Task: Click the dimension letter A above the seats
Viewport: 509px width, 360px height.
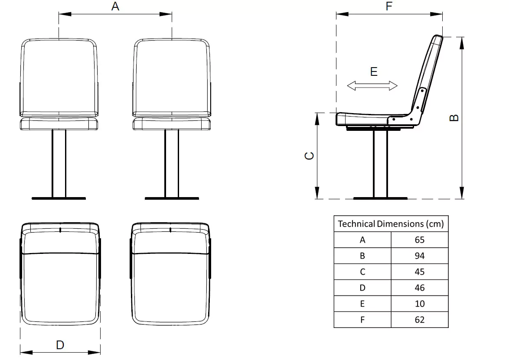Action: (115, 6)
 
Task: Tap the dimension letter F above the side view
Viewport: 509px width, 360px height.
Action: (389, 6)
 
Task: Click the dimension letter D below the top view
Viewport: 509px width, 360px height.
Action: (60, 345)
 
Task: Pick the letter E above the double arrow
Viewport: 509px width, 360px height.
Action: (374, 71)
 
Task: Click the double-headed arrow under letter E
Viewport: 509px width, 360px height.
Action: (372, 86)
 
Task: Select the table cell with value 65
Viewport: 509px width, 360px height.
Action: (419, 240)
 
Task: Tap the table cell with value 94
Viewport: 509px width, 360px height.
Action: (419, 256)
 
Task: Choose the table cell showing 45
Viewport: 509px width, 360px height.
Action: (419, 272)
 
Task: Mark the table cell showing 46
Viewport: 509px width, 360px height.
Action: (419, 288)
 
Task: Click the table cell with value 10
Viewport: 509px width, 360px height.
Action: (419, 304)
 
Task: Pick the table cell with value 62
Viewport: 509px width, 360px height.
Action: (419, 320)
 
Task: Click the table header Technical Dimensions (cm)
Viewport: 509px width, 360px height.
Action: (391, 224)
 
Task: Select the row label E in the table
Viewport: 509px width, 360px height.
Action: (362, 304)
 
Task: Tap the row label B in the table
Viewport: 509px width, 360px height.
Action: (362, 256)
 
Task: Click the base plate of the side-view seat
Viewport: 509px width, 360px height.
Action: (380, 198)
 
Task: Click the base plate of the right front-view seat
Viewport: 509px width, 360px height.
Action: (172, 198)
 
